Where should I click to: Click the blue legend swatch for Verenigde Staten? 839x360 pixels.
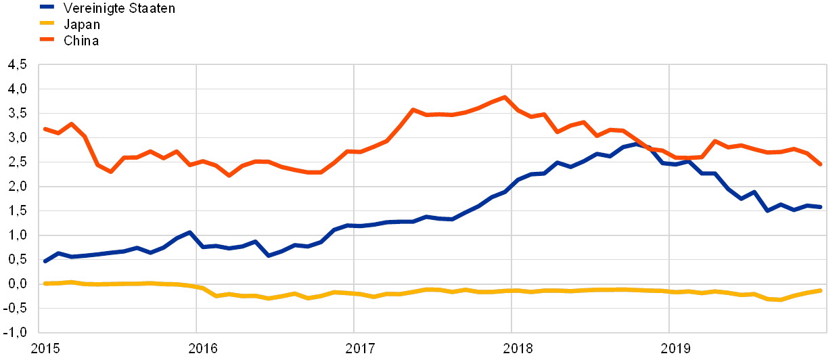[x=48, y=7]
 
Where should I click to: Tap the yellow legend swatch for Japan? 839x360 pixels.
[x=48, y=24]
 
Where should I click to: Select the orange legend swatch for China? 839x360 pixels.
[x=48, y=41]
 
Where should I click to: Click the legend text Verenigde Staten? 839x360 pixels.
[x=118, y=8]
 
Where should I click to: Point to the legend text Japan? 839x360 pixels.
[x=81, y=25]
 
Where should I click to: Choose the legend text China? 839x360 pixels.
[x=82, y=41]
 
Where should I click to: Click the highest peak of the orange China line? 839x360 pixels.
[x=504, y=97]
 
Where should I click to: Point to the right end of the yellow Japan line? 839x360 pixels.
[x=820, y=290]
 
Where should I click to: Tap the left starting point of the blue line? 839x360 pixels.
[x=45, y=261]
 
